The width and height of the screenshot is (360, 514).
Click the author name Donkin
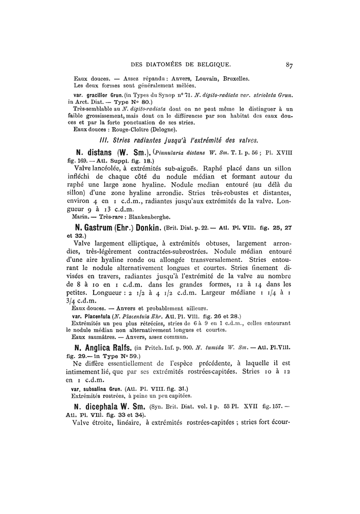(x=146, y=227)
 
